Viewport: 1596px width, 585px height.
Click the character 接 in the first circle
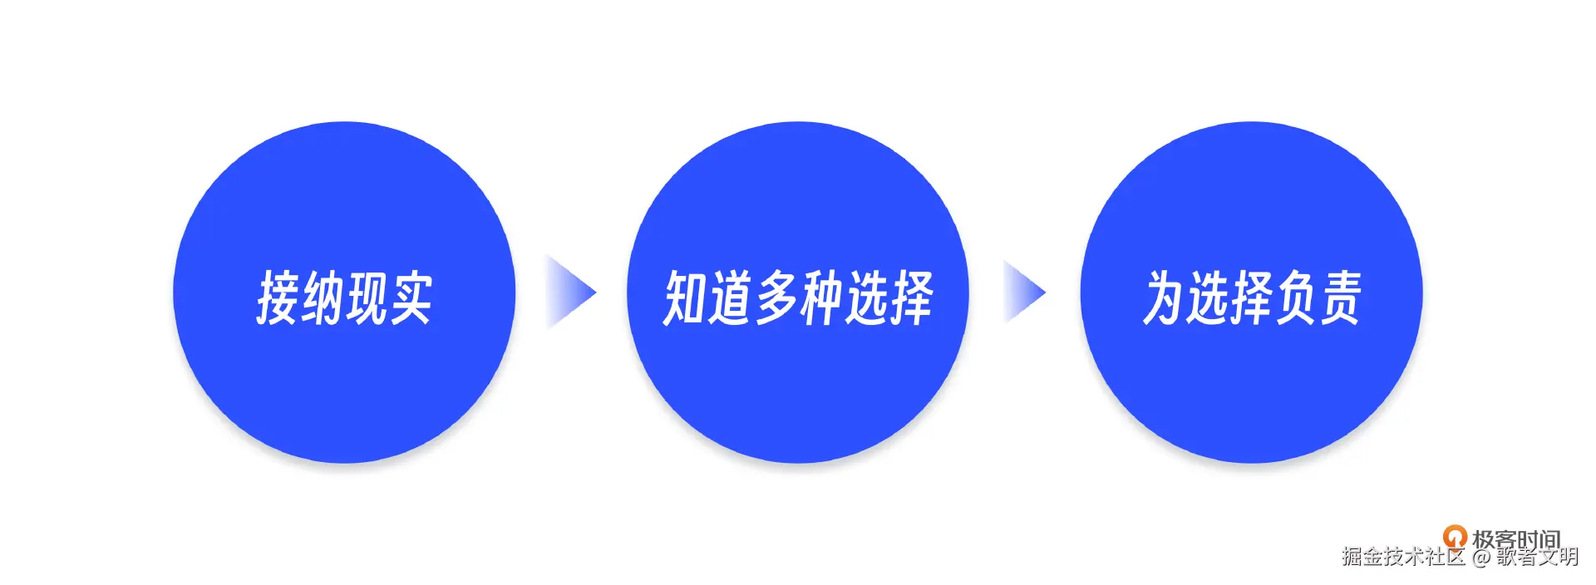278,297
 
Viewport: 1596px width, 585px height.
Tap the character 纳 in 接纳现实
323,297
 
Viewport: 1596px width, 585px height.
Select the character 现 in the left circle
367,297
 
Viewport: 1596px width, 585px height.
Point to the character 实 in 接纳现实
411,297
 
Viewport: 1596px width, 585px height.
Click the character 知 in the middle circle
685,297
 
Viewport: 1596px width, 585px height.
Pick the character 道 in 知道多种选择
730,297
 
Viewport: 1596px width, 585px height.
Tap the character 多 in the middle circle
776,297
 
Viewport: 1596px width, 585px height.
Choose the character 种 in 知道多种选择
820,297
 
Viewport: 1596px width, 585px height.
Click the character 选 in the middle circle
865,297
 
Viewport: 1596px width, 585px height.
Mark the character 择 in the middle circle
911,297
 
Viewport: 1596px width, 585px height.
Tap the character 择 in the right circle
1252,297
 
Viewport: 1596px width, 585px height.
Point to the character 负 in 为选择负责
1296,297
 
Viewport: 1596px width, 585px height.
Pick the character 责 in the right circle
1340,297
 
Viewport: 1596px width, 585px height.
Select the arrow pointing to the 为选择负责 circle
1024,292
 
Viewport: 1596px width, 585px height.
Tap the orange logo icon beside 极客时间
1454,536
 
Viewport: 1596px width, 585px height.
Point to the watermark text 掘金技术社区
1403,557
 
